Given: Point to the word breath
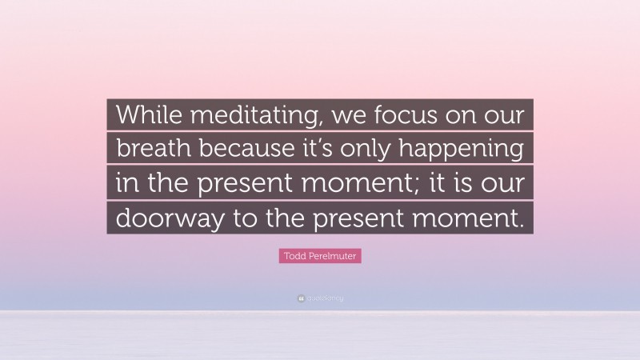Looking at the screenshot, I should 150,150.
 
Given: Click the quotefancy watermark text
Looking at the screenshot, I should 324,298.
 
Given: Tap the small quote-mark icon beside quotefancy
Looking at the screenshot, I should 299,298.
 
